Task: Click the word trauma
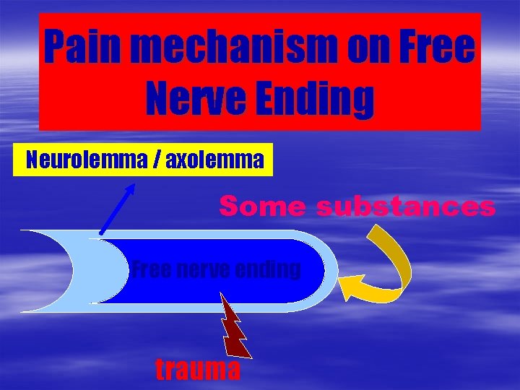coord(199,370)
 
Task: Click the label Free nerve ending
coord(216,270)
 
